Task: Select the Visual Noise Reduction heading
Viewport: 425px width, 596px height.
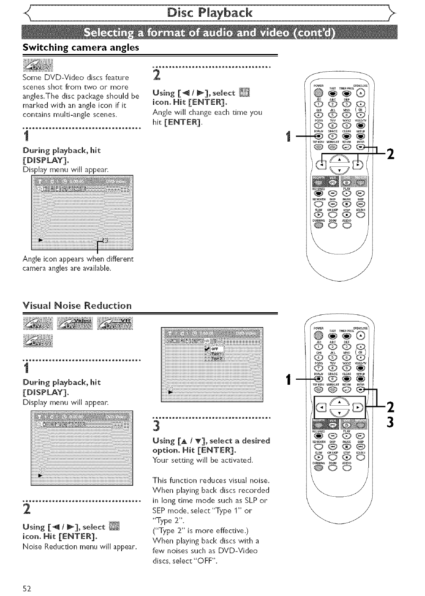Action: (77, 305)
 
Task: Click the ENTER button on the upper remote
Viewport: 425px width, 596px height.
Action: (360, 147)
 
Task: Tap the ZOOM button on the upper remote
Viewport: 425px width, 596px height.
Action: (333, 226)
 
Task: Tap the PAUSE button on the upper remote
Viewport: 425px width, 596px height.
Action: (347, 205)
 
